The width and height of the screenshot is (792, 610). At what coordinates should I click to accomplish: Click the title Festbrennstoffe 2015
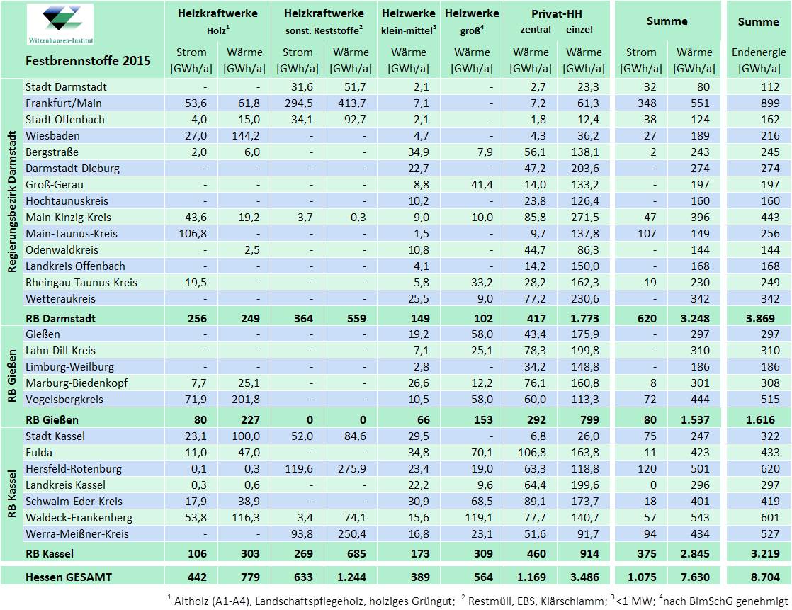[88, 60]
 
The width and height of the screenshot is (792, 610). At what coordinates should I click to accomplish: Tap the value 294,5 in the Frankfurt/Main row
[297, 103]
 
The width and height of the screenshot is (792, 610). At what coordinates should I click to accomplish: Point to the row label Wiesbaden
[52, 135]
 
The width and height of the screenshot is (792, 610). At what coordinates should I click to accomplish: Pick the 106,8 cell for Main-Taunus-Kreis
[191, 233]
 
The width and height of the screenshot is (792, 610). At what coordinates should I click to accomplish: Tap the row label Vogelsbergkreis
[64, 400]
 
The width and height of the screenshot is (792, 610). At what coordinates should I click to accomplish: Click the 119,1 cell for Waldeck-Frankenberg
[473, 517]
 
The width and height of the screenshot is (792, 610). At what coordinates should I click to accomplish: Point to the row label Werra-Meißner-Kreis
[77, 533]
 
